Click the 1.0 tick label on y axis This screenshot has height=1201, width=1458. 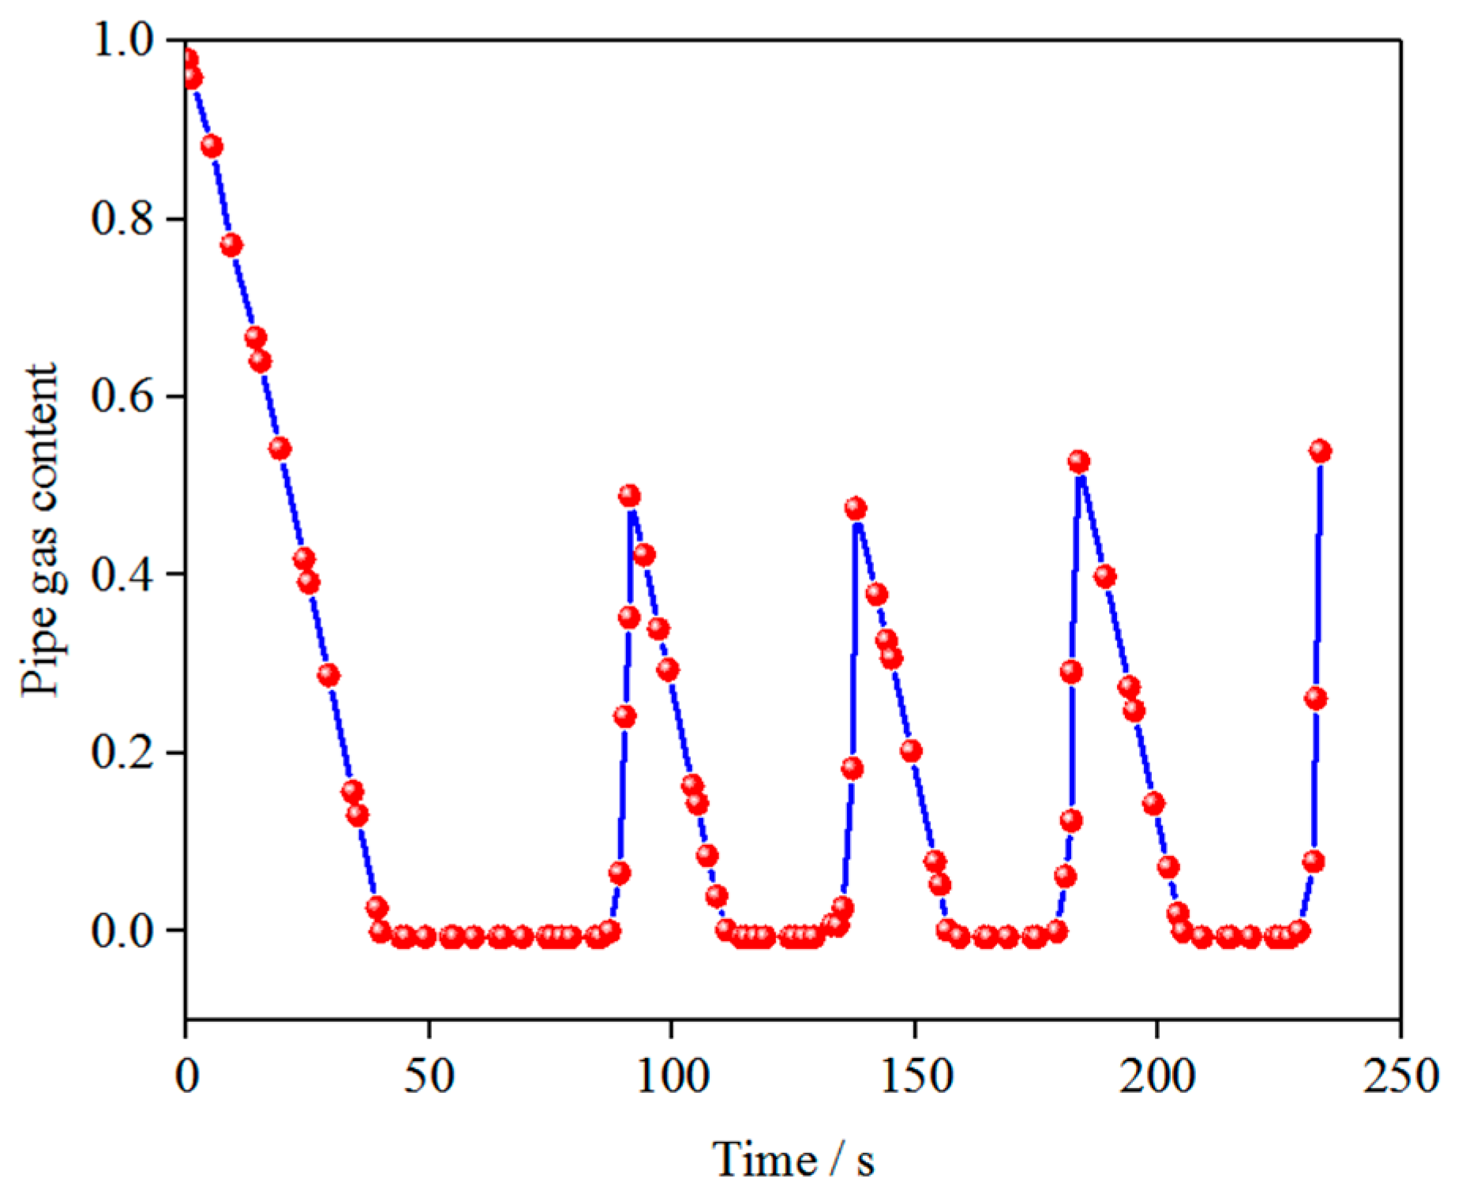point(122,39)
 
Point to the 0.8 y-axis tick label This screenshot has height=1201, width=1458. point(122,218)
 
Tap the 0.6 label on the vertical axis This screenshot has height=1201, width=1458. point(122,396)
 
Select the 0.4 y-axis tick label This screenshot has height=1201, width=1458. point(122,574)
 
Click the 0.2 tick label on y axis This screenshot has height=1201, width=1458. point(122,752)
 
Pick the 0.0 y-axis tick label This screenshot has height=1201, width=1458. point(122,930)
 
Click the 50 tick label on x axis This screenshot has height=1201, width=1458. point(429,1075)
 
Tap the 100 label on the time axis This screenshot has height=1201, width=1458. point(672,1075)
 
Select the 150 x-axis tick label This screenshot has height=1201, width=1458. point(915,1075)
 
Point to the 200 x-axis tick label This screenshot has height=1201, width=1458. point(1157,1075)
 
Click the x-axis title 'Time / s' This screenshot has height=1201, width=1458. point(793,1159)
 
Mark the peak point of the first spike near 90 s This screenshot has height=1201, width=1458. point(629,496)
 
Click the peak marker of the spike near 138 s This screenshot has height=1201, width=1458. point(855,508)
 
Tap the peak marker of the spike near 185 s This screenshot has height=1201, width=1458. point(1079,461)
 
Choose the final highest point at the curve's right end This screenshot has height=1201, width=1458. point(1320,451)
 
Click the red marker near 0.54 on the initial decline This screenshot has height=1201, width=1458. point(280,448)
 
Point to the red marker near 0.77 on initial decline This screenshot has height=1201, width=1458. point(231,245)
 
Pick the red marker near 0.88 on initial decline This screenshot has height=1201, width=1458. point(212,146)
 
